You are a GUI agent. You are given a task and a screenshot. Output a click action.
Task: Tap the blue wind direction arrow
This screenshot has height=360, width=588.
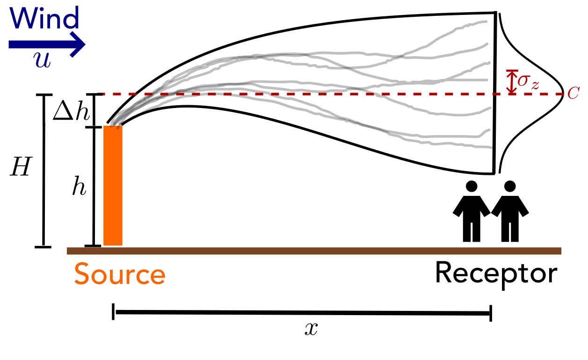(47, 44)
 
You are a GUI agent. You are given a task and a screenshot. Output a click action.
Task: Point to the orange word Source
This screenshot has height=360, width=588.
(119, 274)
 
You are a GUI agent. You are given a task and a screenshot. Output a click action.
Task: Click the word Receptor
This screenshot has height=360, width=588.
(496, 274)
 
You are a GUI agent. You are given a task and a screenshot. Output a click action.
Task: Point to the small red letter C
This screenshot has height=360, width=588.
(573, 94)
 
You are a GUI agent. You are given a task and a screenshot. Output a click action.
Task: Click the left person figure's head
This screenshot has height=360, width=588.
(472, 186)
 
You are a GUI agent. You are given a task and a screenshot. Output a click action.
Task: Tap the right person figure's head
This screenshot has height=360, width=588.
(510, 186)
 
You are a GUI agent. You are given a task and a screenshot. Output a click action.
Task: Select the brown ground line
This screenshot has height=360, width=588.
(313, 251)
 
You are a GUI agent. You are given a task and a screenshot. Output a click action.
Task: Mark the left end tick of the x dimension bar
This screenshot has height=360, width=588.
(114, 311)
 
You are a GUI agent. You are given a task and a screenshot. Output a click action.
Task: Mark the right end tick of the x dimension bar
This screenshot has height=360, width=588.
(491, 311)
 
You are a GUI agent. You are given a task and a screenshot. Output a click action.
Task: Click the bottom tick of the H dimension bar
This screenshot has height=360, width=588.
(44, 246)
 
